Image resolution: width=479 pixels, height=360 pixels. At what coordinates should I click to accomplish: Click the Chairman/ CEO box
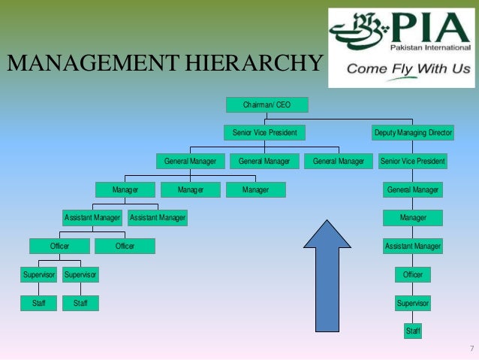267,105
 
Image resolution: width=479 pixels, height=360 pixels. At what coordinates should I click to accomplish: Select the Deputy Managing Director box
413,133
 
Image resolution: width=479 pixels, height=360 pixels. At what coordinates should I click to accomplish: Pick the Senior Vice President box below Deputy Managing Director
413,161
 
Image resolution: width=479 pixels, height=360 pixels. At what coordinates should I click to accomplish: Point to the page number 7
471,348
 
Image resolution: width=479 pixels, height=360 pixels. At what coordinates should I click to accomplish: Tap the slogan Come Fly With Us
408,69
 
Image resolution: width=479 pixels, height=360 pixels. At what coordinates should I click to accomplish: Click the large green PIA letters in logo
425,33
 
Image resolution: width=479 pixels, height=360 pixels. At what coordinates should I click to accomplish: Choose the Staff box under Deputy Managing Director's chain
413,331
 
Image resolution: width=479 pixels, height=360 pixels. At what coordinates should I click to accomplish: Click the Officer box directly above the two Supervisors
59,246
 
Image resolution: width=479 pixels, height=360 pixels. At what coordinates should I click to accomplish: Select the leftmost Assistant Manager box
92,218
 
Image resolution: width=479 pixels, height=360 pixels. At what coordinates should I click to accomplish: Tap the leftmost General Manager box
190,161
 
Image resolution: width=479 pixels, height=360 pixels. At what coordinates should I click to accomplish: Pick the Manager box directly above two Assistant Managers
125,190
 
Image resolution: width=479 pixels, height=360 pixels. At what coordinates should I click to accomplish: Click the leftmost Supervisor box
38,275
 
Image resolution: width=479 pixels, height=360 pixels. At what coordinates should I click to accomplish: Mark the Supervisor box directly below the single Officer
413,303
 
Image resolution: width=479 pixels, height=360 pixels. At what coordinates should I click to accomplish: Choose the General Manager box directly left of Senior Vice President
338,161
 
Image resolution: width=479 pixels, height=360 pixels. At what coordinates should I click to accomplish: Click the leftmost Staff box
38,304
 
